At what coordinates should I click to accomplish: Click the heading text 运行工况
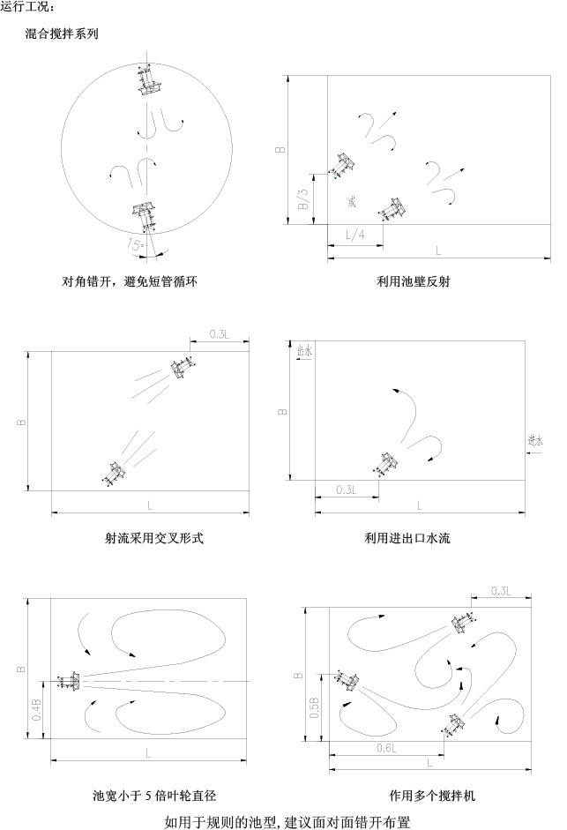(x=27, y=8)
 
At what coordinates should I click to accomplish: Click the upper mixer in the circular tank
(x=146, y=82)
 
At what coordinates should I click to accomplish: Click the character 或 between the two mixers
(x=352, y=202)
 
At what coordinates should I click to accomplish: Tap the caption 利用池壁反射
(x=413, y=282)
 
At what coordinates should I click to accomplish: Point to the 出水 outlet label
(x=305, y=350)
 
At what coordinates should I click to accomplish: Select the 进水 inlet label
(x=535, y=438)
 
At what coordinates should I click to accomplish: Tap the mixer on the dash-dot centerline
(x=69, y=681)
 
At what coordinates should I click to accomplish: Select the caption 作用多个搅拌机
(x=432, y=796)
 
